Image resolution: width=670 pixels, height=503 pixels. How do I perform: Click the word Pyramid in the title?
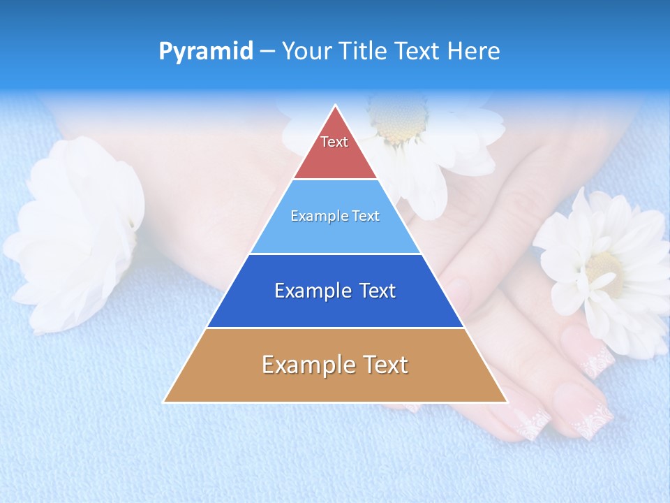pyautogui.click(x=206, y=52)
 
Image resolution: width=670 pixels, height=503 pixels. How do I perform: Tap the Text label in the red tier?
pyautogui.click(x=334, y=142)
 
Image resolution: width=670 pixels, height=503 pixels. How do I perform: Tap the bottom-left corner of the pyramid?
pyautogui.click(x=165, y=402)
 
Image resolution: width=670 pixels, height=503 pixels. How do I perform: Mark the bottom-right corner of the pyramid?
pyautogui.click(x=506, y=402)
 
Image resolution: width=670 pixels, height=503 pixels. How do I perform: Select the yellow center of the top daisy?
pyautogui.click(x=399, y=119)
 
